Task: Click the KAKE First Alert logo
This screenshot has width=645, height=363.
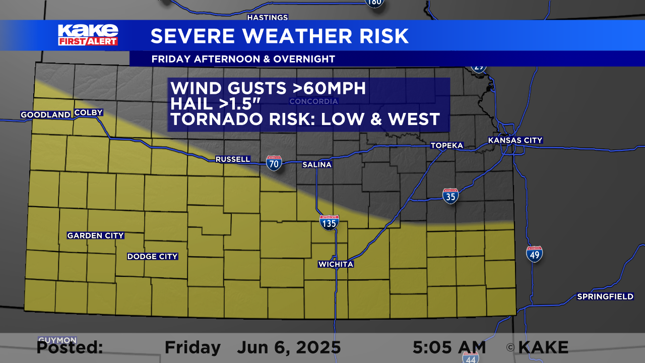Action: point(88,35)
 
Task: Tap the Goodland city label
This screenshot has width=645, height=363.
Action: point(45,115)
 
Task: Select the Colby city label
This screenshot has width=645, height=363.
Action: point(88,112)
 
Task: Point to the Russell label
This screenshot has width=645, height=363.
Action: point(233,159)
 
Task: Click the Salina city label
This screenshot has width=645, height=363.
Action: point(317,165)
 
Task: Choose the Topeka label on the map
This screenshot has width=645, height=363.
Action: point(446,146)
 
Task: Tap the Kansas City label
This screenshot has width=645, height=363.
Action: point(515,140)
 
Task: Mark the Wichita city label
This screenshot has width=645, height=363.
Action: point(336,264)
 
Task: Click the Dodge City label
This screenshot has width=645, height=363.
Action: point(152,257)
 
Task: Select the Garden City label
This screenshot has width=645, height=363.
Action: point(96,235)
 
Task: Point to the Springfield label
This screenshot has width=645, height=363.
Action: point(605,296)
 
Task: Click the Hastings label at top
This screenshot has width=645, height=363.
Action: point(267,18)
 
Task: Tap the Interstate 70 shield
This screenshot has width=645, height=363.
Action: point(274,163)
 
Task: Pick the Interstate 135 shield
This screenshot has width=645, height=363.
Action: point(329,222)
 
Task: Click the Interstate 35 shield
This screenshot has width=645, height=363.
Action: point(450,196)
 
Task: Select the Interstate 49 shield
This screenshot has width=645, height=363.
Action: point(534,254)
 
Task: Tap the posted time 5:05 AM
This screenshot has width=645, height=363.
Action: point(449,347)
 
